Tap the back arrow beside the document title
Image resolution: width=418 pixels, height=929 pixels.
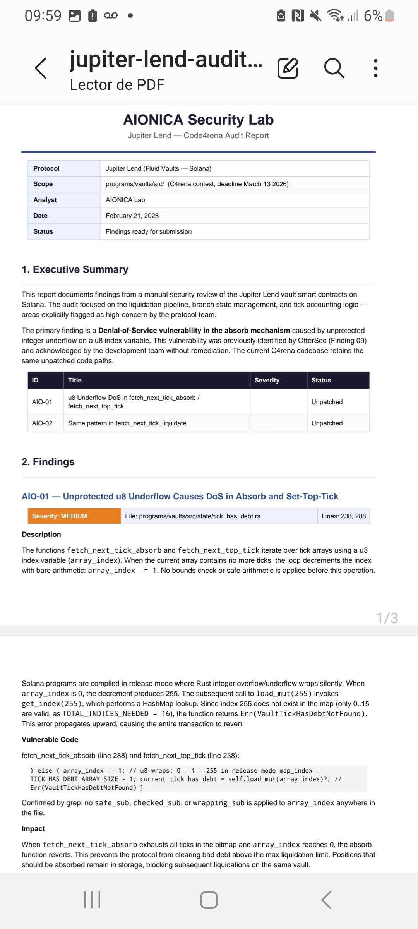click(41, 68)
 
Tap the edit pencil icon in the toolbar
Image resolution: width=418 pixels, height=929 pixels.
click(288, 68)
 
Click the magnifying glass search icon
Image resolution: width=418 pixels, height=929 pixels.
click(334, 68)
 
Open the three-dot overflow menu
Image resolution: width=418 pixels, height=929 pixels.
click(375, 68)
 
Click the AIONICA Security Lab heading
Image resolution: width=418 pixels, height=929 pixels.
click(198, 120)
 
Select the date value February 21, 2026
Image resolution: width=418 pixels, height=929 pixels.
click(132, 216)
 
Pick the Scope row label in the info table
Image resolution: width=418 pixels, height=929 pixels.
click(43, 184)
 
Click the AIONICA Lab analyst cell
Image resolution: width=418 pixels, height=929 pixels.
click(125, 200)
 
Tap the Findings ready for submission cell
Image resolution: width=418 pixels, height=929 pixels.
click(149, 231)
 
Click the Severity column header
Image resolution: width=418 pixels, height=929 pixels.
click(267, 380)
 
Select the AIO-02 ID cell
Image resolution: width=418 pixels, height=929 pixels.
click(42, 423)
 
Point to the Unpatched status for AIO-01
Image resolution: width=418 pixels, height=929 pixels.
click(327, 402)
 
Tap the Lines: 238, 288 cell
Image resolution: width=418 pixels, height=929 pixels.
click(343, 516)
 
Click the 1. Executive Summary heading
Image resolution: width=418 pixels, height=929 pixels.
click(75, 269)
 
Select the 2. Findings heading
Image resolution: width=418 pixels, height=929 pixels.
click(48, 462)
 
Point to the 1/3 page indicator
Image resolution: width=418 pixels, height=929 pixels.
click(387, 618)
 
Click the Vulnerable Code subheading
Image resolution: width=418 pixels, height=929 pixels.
click(50, 739)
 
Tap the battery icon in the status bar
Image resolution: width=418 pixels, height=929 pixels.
click(390, 16)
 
